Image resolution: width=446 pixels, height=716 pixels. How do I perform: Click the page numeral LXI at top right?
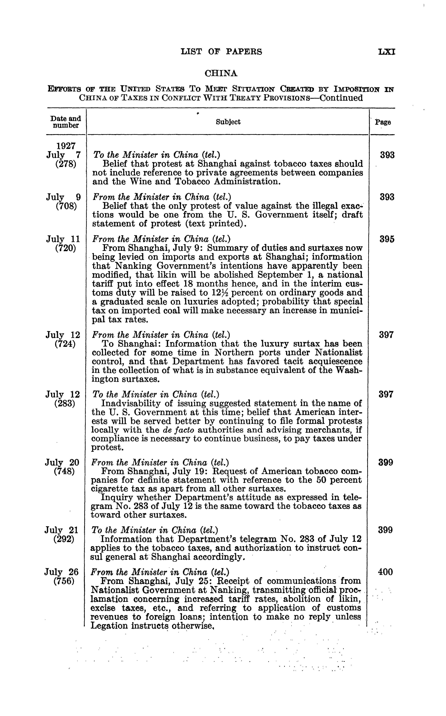tap(387, 52)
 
